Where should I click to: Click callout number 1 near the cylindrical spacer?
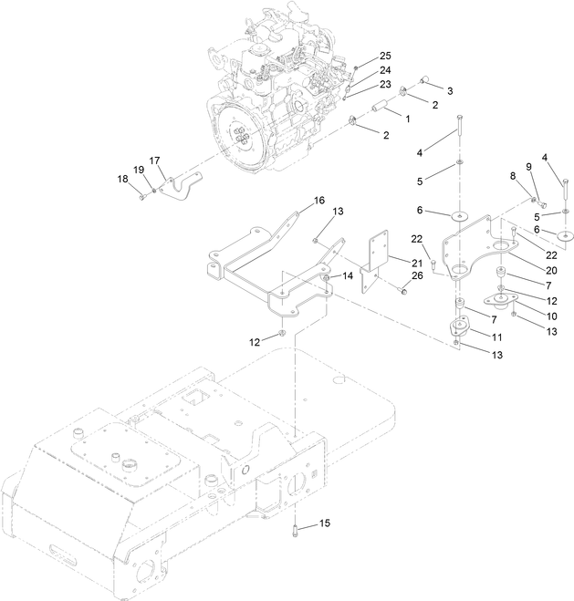pos(408,119)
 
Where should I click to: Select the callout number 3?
pos(448,90)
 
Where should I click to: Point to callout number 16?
pos(319,200)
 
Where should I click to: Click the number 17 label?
pos(155,160)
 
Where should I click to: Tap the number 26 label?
pos(418,275)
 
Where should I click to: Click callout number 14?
pos(349,275)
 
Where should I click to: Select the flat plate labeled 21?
pos(376,260)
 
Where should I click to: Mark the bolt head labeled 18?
pos(143,192)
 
